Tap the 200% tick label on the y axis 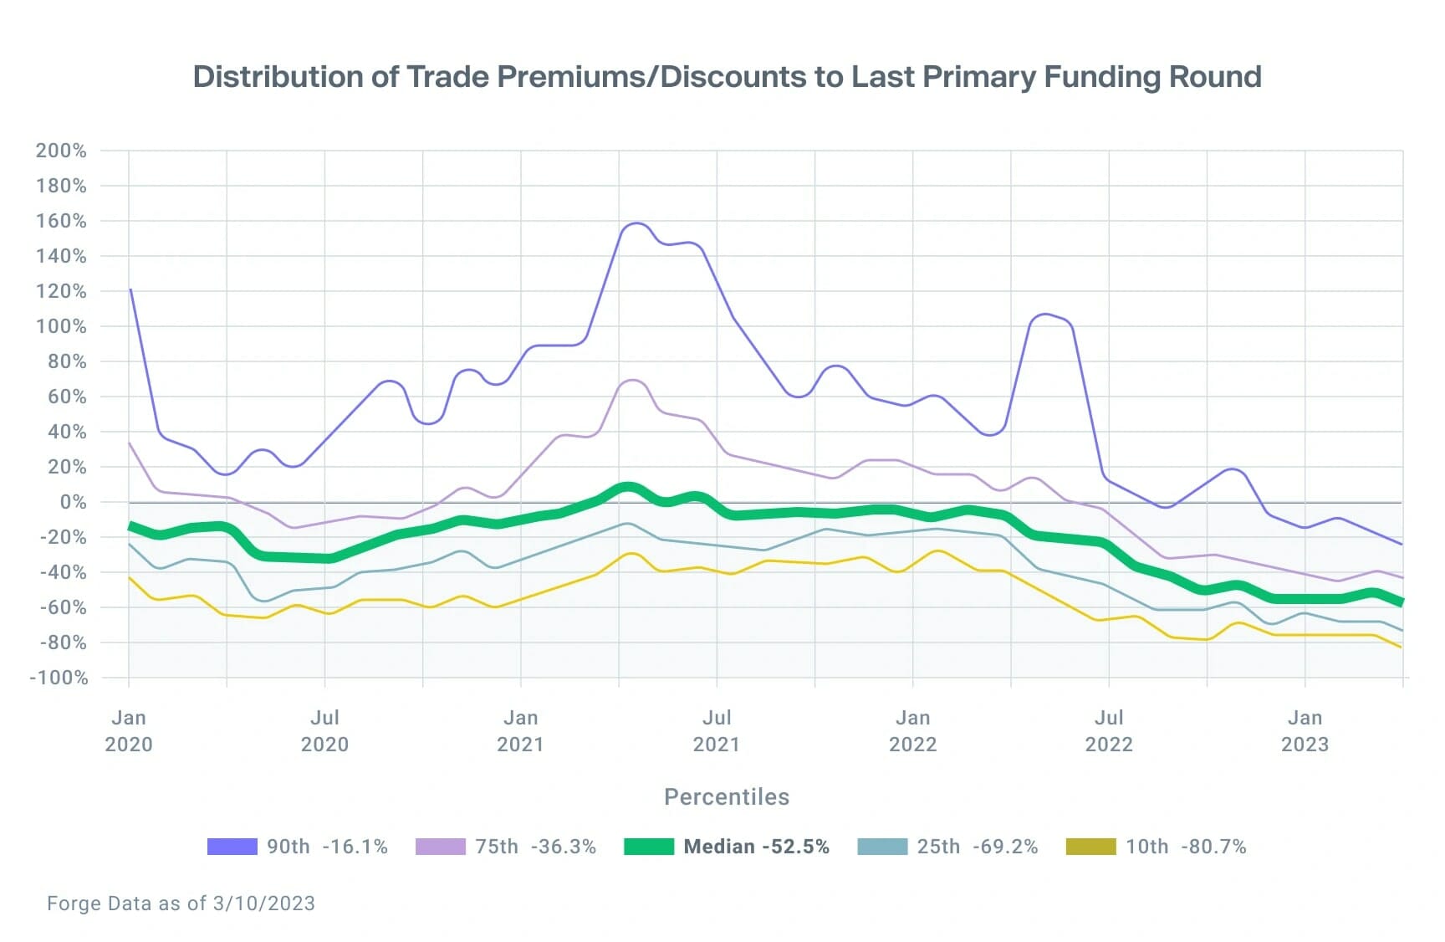[x=61, y=151]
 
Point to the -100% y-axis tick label [x=59, y=678]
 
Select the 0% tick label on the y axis [x=73, y=502]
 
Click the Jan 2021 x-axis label [x=520, y=730]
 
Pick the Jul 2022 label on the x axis [x=1108, y=730]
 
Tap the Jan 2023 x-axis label [x=1305, y=730]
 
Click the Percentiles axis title [x=726, y=796]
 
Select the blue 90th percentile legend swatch [x=232, y=847]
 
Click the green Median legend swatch [x=649, y=847]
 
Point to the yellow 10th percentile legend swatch [x=1090, y=847]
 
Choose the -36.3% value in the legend [x=564, y=847]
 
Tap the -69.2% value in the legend [x=1005, y=847]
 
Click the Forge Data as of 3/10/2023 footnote [x=181, y=904]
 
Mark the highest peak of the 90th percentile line [x=636, y=223]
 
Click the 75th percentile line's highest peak [x=633, y=381]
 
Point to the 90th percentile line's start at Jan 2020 [x=130, y=289]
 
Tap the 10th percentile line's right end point [x=1401, y=647]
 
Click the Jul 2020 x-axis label [x=324, y=730]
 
